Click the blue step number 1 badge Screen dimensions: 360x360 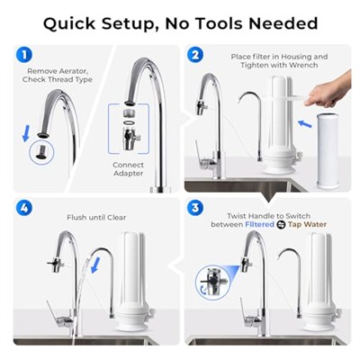(x=24, y=55)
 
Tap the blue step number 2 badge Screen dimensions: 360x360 (x=195, y=55)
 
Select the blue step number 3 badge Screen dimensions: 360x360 (x=195, y=208)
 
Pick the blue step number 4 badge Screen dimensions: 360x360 (x=24, y=208)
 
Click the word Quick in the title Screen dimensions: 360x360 (x=69, y=23)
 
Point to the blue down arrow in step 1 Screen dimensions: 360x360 (x=26, y=133)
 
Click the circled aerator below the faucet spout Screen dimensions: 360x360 (x=41, y=152)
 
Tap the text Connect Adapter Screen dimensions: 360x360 (x=128, y=169)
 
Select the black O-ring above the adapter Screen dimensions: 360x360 (x=130, y=122)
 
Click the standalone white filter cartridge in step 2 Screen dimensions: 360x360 (x=329, y=151)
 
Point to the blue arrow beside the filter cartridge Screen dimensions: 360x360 (x=305, y=123)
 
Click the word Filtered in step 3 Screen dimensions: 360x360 (x=259, y=224)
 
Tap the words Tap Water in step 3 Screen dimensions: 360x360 (x=307, y=224)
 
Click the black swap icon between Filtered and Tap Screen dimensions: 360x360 (x=281, y=225)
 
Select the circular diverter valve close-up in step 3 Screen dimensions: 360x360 (x=212, y=282)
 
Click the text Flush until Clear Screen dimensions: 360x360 (x=96, y=217)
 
